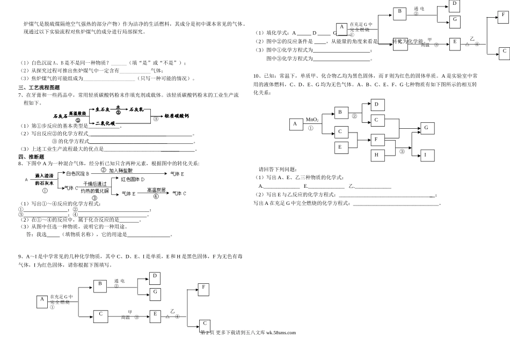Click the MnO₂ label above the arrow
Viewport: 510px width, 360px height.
(312, 119)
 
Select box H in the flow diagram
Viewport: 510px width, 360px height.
(377, 155)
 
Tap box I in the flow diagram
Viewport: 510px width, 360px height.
(426, 155)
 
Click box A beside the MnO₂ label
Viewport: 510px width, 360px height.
(295, 124)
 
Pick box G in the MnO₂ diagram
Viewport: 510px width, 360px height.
(426, 128)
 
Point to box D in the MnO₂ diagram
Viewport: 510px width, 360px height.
(377, 104)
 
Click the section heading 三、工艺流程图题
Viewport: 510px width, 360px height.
(39, 87)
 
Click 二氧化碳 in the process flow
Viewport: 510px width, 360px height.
(105, 123)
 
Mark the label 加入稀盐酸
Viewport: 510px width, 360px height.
(123, 170)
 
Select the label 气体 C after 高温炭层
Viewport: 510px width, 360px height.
(178, 193)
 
